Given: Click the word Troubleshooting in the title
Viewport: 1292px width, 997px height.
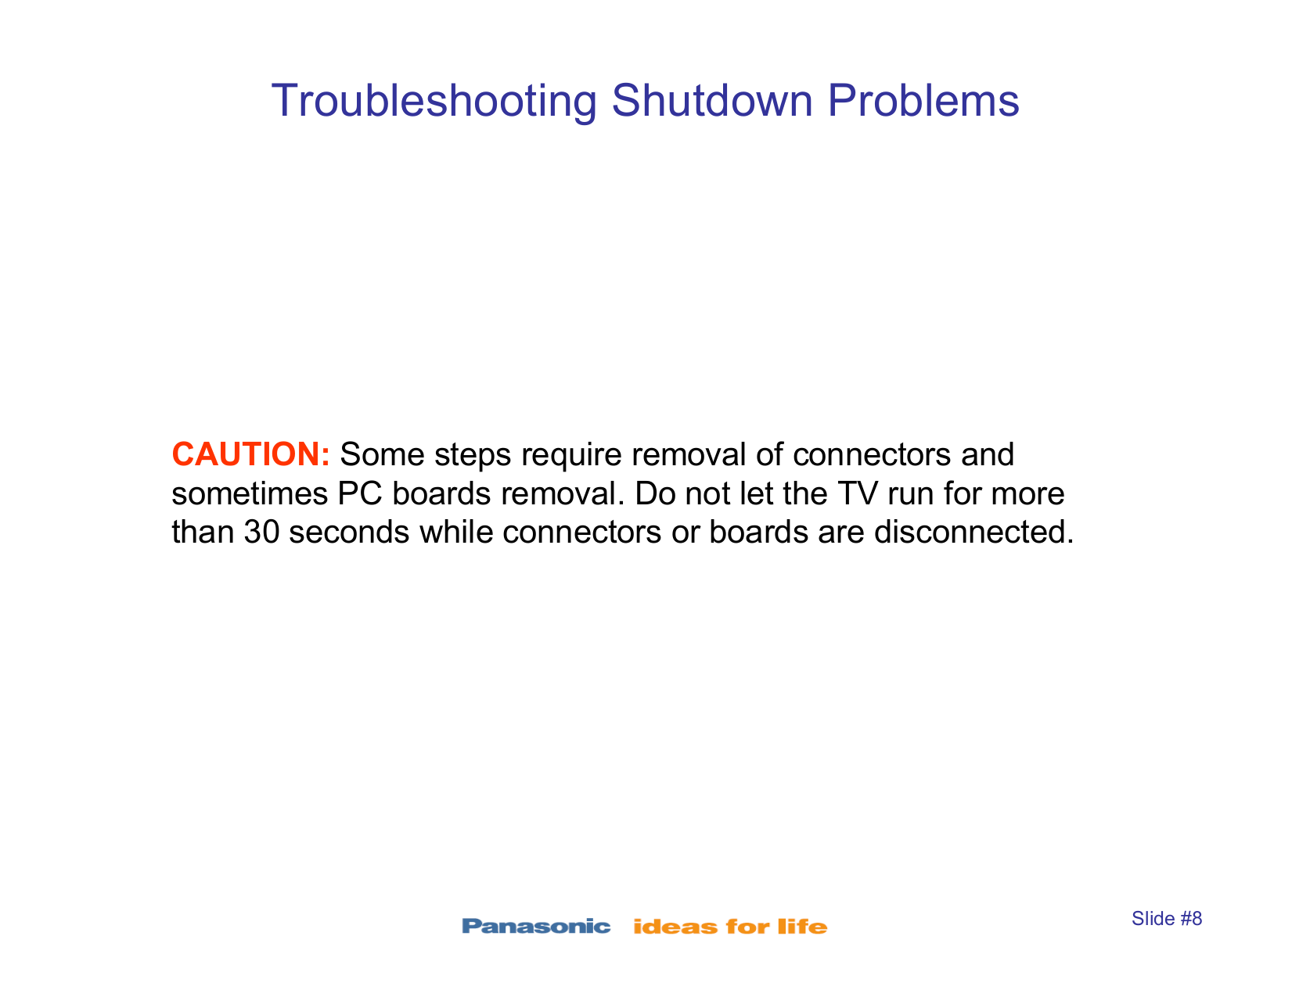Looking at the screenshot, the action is pyautogui.click(x=434, y=102).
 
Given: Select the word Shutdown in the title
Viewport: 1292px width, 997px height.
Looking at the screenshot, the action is pyautogui.click(x=711, y=100).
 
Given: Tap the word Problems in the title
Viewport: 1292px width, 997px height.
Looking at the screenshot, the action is pyautogui.click(x=923, y=100).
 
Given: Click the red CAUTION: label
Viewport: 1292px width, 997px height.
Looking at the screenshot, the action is pyautogui.click(x=250, y=454).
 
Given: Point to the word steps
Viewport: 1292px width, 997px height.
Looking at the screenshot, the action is pyautogui.click(x=472, y=456).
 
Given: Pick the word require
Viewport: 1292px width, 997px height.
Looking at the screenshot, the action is pyautogui.click(x=570, y=456).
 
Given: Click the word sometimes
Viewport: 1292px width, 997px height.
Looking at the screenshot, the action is pyautogui.click(x=250, y=493).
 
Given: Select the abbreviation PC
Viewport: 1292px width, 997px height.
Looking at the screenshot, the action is pyautogui.click(x=360, y=493).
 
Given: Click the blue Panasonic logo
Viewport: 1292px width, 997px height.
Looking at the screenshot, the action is pyautogui.click(x=536, y=927).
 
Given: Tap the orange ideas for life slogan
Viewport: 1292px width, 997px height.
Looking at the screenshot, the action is pyautogui.click(x=730, y=927).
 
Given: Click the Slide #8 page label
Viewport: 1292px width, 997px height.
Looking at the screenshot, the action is pyautogui.click(x=1167, y=919).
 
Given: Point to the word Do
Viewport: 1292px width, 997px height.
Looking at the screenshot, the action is pyautogui.click(x=655, y=493).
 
